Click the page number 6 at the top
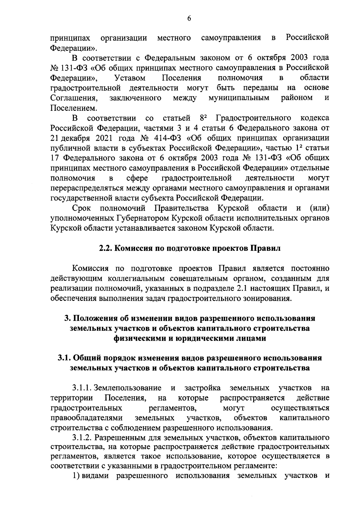click(189, 18)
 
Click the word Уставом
click(130, 78)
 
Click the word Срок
click(82, 208)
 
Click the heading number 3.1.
click(64, 358)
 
